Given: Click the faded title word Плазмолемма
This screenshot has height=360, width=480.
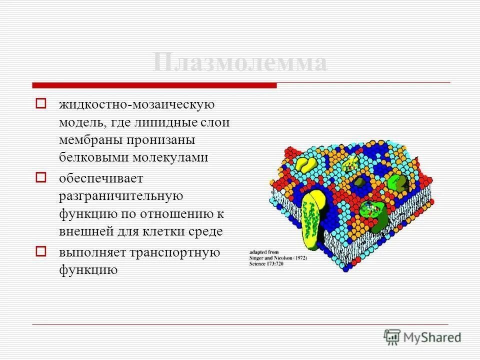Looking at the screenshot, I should pyautogui.click(x=239, y=63).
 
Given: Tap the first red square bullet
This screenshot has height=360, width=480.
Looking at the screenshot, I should pyautogui.click(x=40, y=104).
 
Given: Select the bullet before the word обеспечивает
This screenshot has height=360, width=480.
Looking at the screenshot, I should pyautogui.click(x=40, y=176).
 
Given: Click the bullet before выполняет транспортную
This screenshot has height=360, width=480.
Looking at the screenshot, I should pyautogui.click(x=40, y=251).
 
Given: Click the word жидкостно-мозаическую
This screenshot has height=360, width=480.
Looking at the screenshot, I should pyautogui.click(x=137, y=104).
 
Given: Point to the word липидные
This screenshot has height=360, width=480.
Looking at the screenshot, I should pyautogui.click(x=160, y=122).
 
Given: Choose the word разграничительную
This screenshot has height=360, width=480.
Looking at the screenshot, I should pyautogui.click(x=121, y=196).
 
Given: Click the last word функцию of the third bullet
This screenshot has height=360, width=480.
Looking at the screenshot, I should pyautogui.click(x=88, y=270).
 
